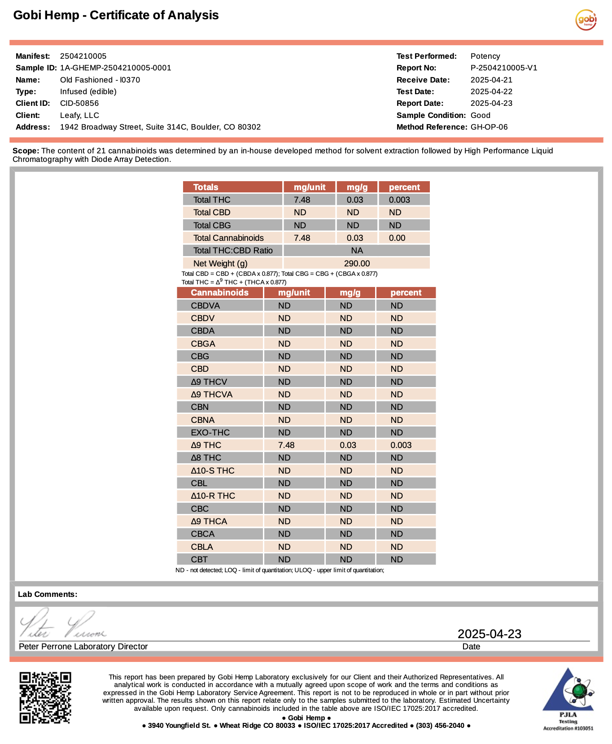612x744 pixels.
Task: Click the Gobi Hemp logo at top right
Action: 586,20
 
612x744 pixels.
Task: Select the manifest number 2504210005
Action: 83,56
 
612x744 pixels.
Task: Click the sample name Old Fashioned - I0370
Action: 100,80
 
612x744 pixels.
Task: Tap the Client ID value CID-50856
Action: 79,103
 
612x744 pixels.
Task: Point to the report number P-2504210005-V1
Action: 503,68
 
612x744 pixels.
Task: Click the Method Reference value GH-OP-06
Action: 489,127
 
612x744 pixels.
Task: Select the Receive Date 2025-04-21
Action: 491,80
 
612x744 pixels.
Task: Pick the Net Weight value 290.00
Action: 357,264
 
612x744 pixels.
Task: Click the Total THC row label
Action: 212,200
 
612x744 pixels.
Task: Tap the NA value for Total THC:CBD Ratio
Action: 357,251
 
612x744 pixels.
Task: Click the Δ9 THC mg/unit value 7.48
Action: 286,445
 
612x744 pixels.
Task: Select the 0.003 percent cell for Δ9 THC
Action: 401,445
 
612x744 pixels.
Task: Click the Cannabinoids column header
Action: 219,293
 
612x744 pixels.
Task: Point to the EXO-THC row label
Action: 210,433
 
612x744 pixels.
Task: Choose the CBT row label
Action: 199,560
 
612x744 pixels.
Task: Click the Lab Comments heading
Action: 48,594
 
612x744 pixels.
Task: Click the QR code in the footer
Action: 45,697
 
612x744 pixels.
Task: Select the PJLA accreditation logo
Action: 568,699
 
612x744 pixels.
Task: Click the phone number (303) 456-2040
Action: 440,726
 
